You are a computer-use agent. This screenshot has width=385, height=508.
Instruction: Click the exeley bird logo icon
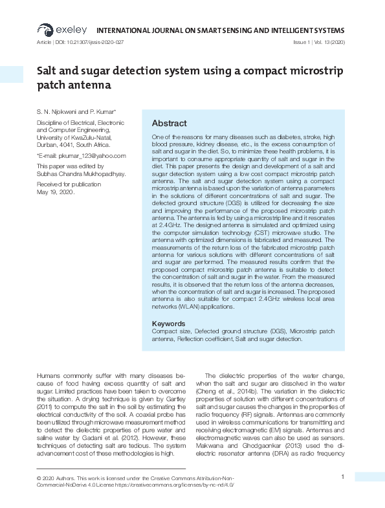click(x=45, y=29)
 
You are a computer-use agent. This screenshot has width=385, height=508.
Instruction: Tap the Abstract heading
click(x=169, y=124)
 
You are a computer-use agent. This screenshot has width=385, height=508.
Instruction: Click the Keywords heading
click(x=169, y=324)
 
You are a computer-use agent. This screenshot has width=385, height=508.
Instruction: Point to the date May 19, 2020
click(x=56, y=192)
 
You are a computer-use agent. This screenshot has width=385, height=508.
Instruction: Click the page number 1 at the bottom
click(x=342, y=477)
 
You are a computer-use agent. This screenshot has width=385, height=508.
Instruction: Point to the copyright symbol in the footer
click(x=39, y=478)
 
